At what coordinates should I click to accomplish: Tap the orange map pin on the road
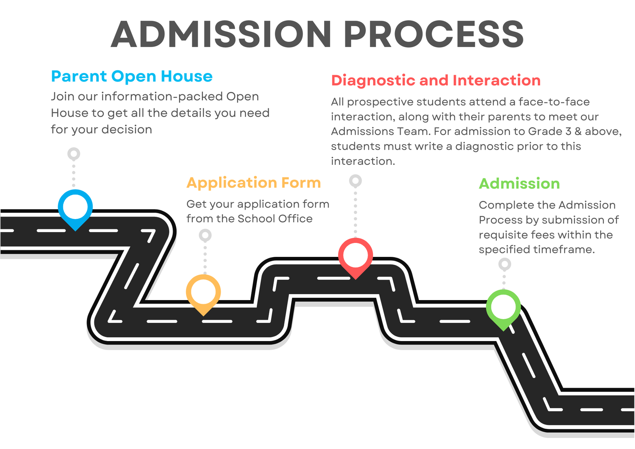203,293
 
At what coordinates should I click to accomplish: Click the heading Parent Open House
132,76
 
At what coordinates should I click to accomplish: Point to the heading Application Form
254,183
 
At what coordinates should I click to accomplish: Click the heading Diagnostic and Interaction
436,81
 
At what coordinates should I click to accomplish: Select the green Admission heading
519,184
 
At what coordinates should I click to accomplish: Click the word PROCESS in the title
433,35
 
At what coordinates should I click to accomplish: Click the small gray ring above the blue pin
74,153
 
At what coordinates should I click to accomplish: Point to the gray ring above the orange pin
205,235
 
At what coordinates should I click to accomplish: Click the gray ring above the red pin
355,181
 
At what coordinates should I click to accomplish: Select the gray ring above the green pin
504,264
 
